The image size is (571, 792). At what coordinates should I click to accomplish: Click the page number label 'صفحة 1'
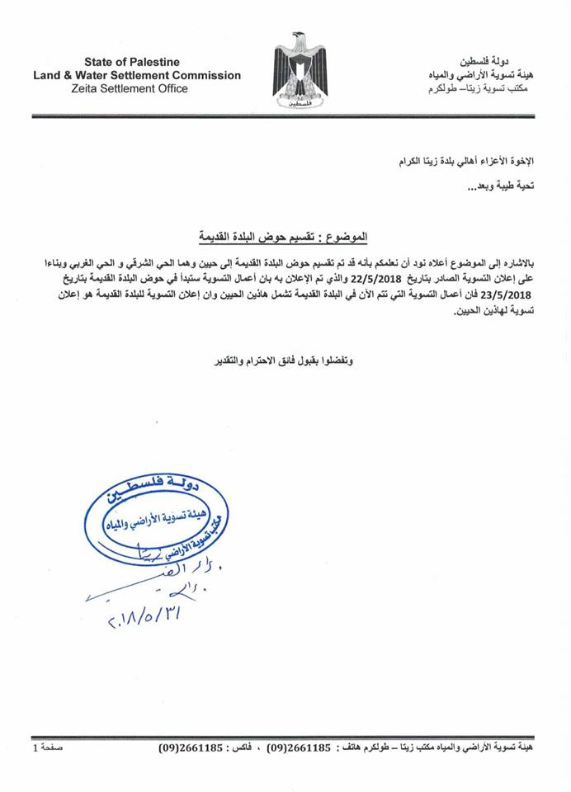48,750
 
